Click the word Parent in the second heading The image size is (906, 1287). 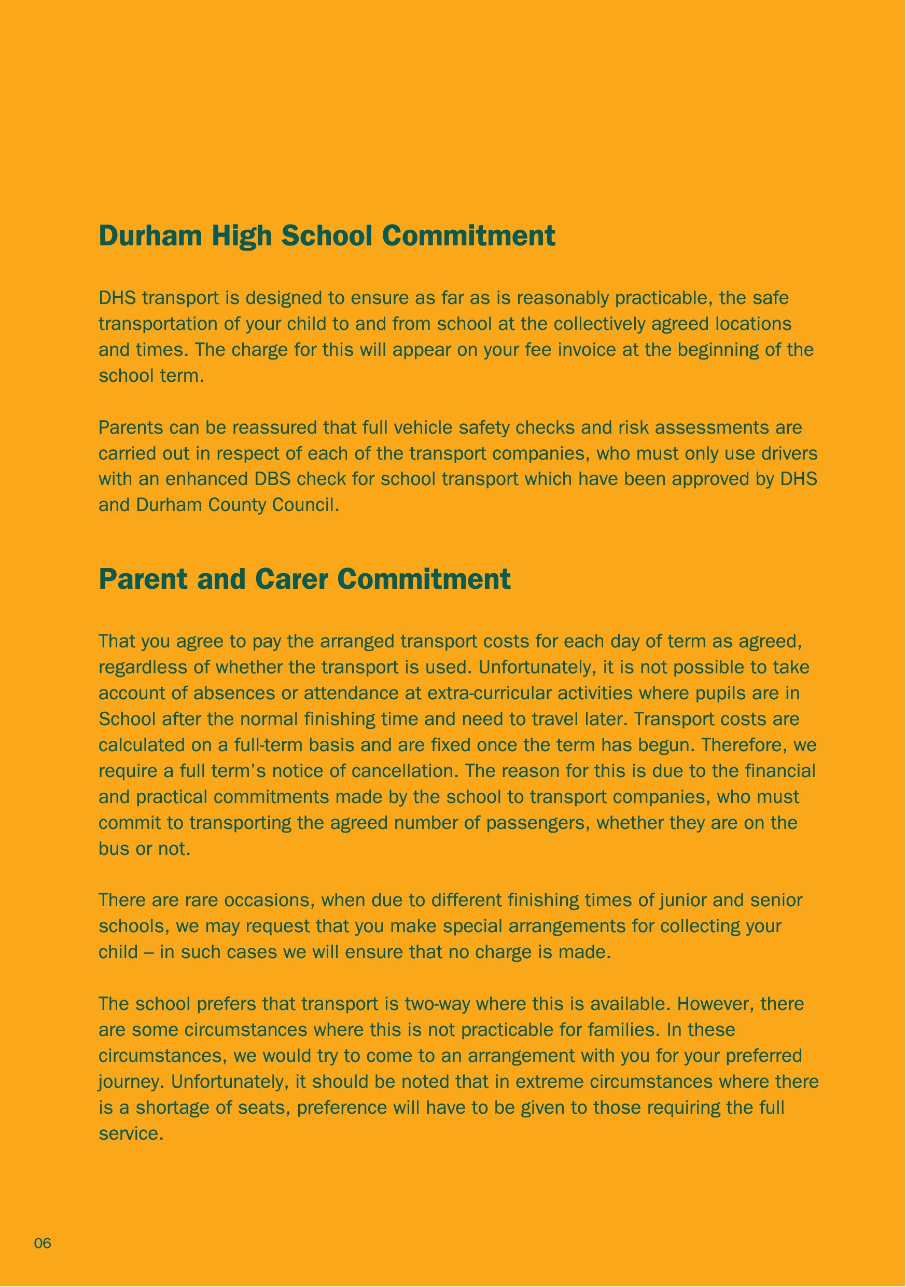[x=144, y=579]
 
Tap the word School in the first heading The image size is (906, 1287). [x=327, y=236]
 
